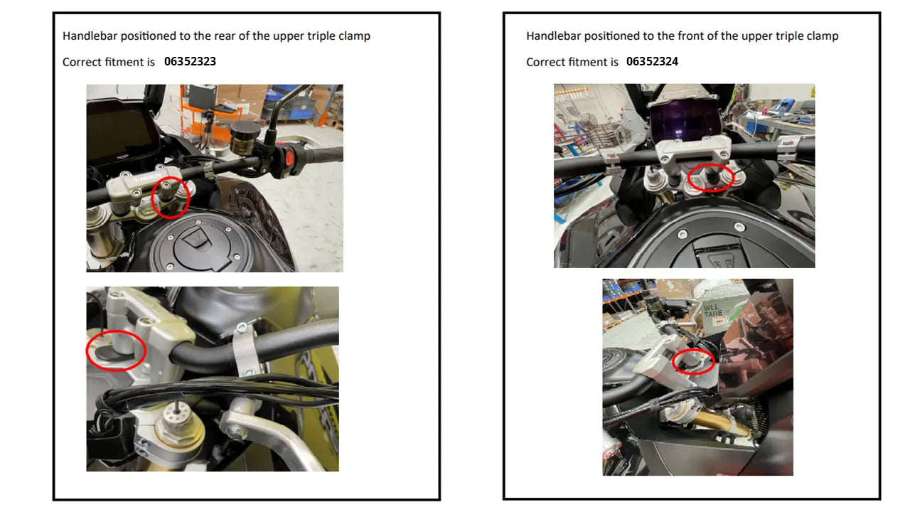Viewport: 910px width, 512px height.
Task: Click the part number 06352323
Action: pos(190,61)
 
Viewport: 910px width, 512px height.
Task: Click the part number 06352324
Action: pos(652,61)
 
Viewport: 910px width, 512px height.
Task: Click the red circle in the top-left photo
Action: pos(171,197)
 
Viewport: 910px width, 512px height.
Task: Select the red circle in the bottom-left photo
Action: pos(116,350)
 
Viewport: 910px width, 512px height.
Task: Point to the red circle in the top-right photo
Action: pos(710,178)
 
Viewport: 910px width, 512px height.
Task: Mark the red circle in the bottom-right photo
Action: pos(694,362)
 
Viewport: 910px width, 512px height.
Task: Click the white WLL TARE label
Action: pos(714,310)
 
